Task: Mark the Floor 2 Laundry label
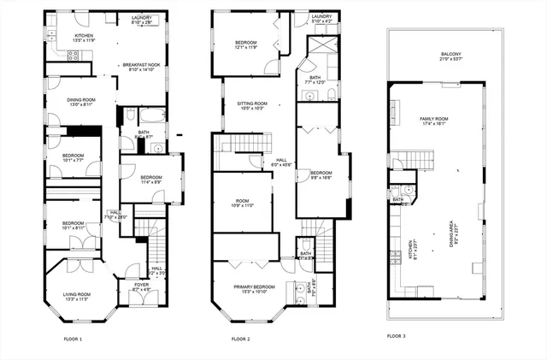click(321, 19)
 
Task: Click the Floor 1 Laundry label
click(142, 19)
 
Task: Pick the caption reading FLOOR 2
click(240, 339)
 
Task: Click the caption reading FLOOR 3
click(396, 336)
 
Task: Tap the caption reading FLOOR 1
click(74, 339)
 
